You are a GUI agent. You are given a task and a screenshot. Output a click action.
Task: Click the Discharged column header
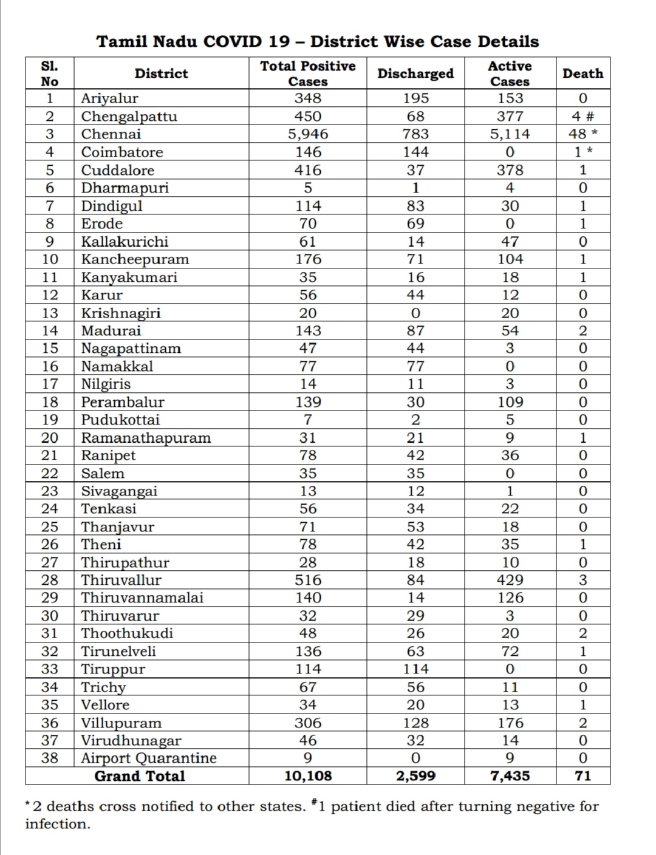(415, 73)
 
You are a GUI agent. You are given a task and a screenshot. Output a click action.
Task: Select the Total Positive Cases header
(307, 73)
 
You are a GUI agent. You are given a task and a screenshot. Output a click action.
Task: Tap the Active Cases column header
(510, 73)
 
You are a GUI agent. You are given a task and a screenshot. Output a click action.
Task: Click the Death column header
(583, 73)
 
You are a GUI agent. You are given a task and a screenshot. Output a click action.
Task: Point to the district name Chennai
(111, 134)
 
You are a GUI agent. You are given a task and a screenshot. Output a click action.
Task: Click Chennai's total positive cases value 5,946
(307, 134)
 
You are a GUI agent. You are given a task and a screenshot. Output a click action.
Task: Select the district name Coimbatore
(122, 152)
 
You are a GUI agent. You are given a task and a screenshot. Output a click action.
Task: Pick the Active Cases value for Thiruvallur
(510, 580)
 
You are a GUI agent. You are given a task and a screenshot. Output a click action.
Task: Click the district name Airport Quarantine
(149, 758)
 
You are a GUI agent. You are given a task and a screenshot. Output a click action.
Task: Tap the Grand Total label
(140, 776)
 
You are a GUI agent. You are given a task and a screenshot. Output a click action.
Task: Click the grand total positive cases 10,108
(307, 776)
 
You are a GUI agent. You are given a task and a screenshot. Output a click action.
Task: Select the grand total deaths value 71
(583, 776)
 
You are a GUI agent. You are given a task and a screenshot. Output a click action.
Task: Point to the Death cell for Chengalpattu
(583, 116)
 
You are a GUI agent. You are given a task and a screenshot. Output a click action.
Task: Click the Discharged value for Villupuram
(415, 723)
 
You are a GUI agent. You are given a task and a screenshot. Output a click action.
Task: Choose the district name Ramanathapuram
(146, 438)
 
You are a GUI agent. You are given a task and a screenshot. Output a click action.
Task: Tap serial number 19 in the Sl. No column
(50, 420)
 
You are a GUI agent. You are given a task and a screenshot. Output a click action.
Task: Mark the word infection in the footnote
(57, 824)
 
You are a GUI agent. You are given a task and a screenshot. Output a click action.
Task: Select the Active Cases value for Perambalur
(510, 402)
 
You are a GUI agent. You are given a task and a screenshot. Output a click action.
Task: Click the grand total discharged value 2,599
(415, 776)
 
